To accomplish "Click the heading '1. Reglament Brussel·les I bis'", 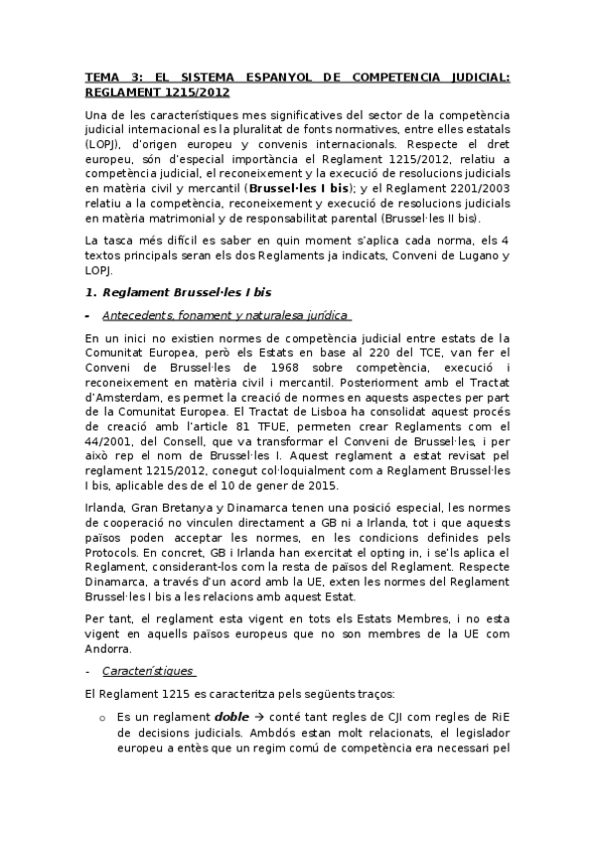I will coord(178,291).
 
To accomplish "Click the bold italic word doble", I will coord(231,716).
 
